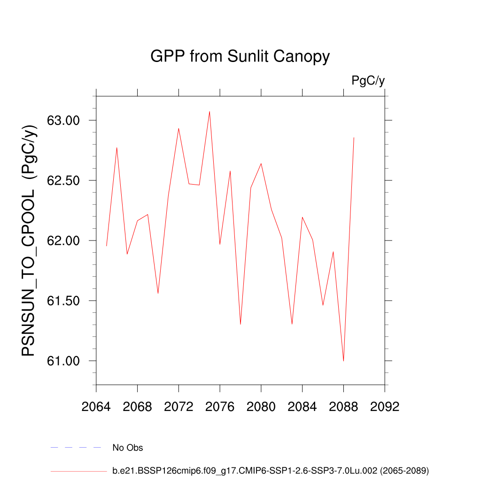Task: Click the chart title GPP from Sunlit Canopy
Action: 240,57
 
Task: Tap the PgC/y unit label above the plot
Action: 368,81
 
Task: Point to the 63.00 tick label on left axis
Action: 64,121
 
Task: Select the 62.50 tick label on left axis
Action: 64,181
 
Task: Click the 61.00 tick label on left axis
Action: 64,361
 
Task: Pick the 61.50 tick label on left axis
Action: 64,301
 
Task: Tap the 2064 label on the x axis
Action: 96,407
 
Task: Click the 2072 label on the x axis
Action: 178,407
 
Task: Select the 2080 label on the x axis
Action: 261,407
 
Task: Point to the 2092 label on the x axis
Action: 385,407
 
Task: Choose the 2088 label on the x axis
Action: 343,407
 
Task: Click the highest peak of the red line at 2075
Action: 209,111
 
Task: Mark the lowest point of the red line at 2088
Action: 343,361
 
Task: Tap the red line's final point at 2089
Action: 354,137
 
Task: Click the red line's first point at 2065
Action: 107,246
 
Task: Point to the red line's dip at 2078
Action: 240,324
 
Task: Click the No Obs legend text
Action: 128,448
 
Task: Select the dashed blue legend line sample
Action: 76,448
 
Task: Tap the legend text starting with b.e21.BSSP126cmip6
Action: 271,470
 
